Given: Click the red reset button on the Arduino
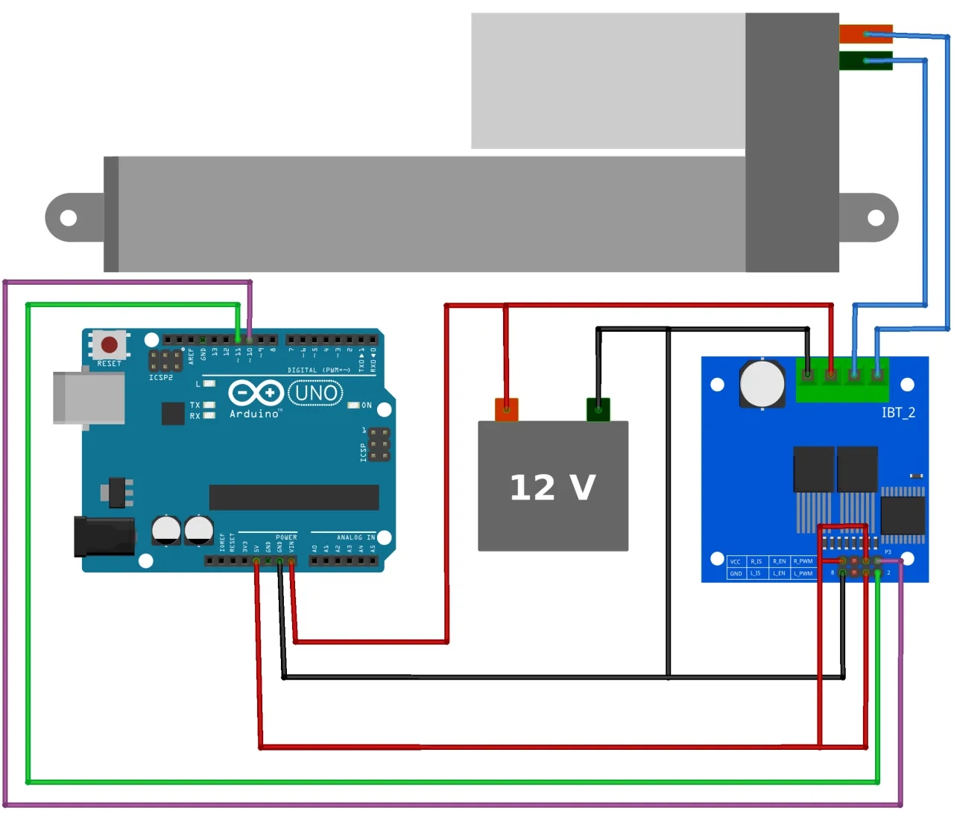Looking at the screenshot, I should click(110, 344).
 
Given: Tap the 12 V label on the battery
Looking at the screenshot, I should click(552, 487).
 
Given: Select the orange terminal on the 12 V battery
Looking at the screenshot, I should click(507, 409).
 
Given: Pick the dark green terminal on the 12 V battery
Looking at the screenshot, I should click(598, 409).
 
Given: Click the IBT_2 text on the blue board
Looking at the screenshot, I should click(898, 412).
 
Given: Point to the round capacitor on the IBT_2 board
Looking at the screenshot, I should click(762, 384).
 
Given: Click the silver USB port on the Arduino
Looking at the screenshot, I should click(89, 398).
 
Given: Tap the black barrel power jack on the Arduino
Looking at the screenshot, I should click(104, 537).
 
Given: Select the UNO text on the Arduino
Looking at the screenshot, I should click(315, 393).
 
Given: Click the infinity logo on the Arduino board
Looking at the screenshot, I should click(255, 392).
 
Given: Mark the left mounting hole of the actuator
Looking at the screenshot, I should click(69, 218).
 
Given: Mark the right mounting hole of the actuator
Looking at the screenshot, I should click(876, 218).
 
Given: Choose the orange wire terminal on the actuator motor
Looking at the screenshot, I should click(865, 34).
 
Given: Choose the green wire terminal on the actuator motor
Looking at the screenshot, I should click(865, 60).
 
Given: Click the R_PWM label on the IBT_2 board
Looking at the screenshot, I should click(803, 561).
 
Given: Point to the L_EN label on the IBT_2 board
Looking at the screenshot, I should click(779, 573).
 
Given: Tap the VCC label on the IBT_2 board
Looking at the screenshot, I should click(736, 561).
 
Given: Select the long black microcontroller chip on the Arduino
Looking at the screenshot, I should click(294, 497).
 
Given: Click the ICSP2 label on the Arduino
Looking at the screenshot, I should click(161, 378).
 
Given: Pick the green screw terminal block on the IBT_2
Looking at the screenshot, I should click(842, 379).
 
